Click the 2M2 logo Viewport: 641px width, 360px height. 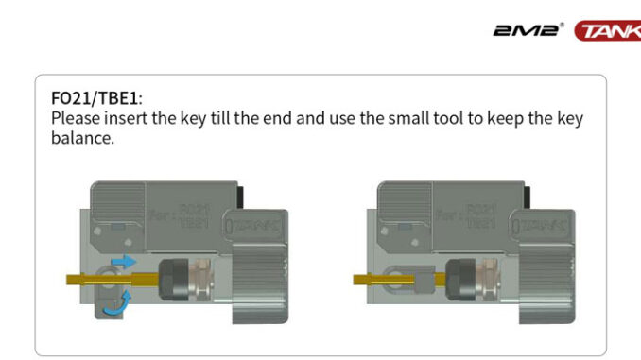[528, 30]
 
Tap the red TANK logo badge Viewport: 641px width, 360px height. [608, 30]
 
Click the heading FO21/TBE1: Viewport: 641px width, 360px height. [96, 98]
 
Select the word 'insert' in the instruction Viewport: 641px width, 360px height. [126, 118]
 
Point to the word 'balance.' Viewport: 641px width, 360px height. [82, 138]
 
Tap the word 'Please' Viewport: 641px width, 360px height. [76, 118]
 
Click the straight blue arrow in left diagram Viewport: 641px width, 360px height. [124, 261]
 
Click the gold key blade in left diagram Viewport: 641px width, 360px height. [113, 280]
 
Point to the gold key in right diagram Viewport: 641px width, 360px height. [399, 280]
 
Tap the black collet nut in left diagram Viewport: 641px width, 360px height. [173, 280]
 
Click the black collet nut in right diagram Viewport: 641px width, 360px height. [460, 280]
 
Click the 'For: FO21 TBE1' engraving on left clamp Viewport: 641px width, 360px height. [180, 216]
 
